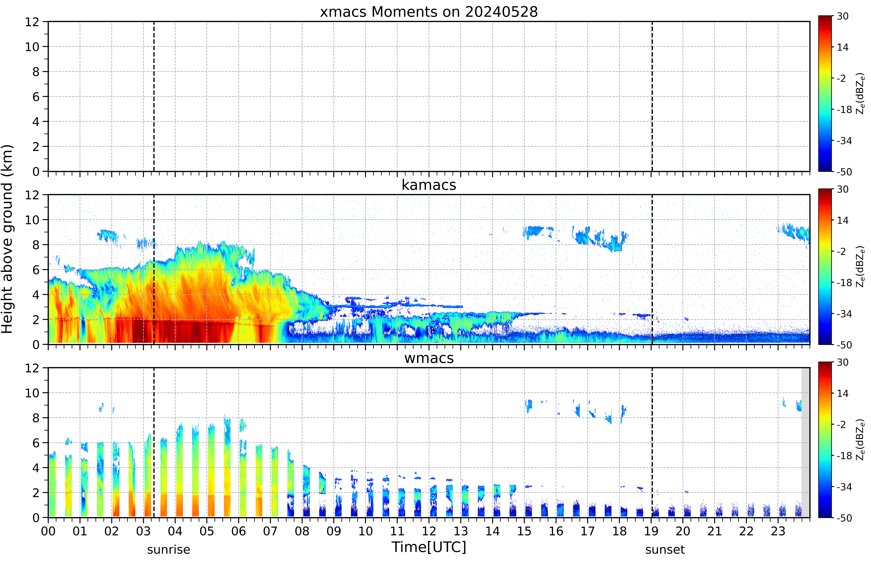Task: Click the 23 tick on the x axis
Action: point(778,531)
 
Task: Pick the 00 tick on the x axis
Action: point(48,531)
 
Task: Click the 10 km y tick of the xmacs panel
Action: point(32,47)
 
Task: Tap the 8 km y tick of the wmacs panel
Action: point(36,418)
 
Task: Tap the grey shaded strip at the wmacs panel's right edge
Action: point(805,442)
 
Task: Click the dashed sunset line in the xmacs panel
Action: point(652,96)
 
